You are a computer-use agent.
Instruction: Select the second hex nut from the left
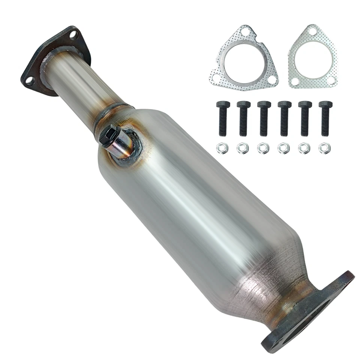[242, 148]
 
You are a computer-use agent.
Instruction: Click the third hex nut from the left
[263, 148]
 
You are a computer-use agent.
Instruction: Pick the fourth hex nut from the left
[283, 148]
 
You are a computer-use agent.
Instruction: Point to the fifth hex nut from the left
[304, 148]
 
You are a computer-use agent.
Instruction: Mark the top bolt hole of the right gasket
[313, 33]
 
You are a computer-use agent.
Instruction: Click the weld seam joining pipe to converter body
[112, 109]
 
